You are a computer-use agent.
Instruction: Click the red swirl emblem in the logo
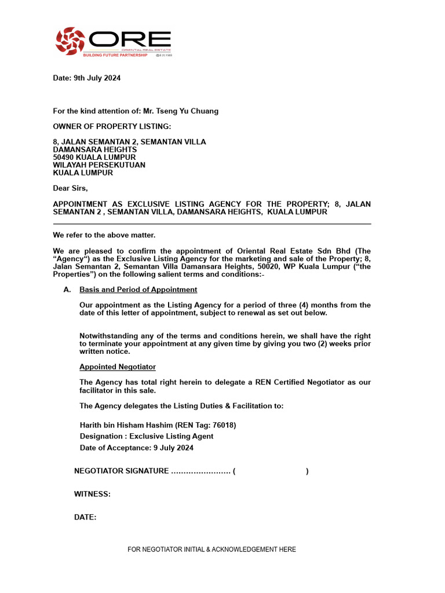tap(70, 41)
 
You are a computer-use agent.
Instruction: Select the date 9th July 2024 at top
tap(97, 78)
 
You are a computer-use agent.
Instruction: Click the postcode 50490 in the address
tap(64, 157)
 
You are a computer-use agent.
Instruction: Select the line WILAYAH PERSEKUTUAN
tap(99, 165)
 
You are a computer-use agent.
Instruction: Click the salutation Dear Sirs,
tap(71, 188)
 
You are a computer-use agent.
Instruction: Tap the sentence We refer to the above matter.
tap(104, 235)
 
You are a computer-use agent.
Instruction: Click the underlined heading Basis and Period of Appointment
tap(138, 290)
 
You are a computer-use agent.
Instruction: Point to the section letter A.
tap(67, 290)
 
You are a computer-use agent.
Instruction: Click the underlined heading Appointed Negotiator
tap(117, 367)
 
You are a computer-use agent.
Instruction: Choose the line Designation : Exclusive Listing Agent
tap(146, 436)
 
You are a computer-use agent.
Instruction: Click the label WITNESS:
tap(92, 494)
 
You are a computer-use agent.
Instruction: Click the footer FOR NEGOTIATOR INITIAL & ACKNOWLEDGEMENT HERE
tap(211, 550)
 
